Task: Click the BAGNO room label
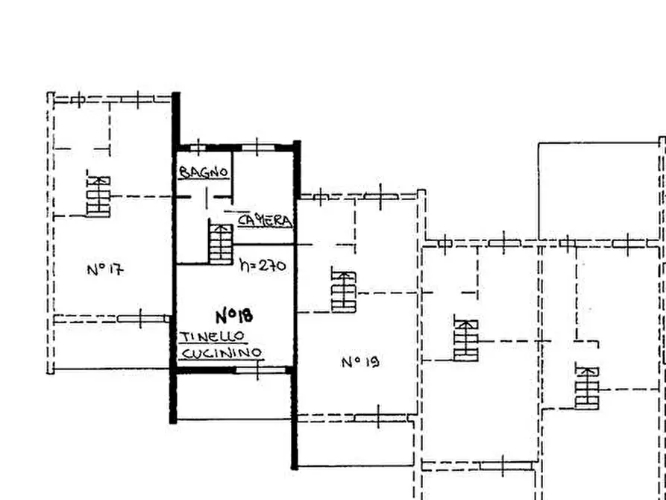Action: click(x=204, y=172)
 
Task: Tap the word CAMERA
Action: click(x=265, y=220)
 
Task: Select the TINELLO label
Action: click(x=213, y=337)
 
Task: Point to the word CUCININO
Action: click(x=221, y=353)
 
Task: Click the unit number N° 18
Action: click(x=234, y=316)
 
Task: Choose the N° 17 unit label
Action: click(x=105, y=269)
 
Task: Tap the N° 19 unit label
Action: click(x=360, y=362)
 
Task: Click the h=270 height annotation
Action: click(x=263, y=266)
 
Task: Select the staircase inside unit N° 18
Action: click(x=221, y=243)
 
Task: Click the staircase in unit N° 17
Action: click(x=98, y=196)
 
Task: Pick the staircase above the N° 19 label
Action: click(x=344, y=292)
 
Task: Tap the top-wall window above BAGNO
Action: click(x=198, y=148)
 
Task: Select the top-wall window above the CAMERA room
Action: click(x=258, y=148)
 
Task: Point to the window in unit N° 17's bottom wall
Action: click(x=141, y=319)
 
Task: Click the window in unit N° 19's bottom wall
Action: click(x=379, y=417)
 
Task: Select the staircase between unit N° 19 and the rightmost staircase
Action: click(x=466, y=340)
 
